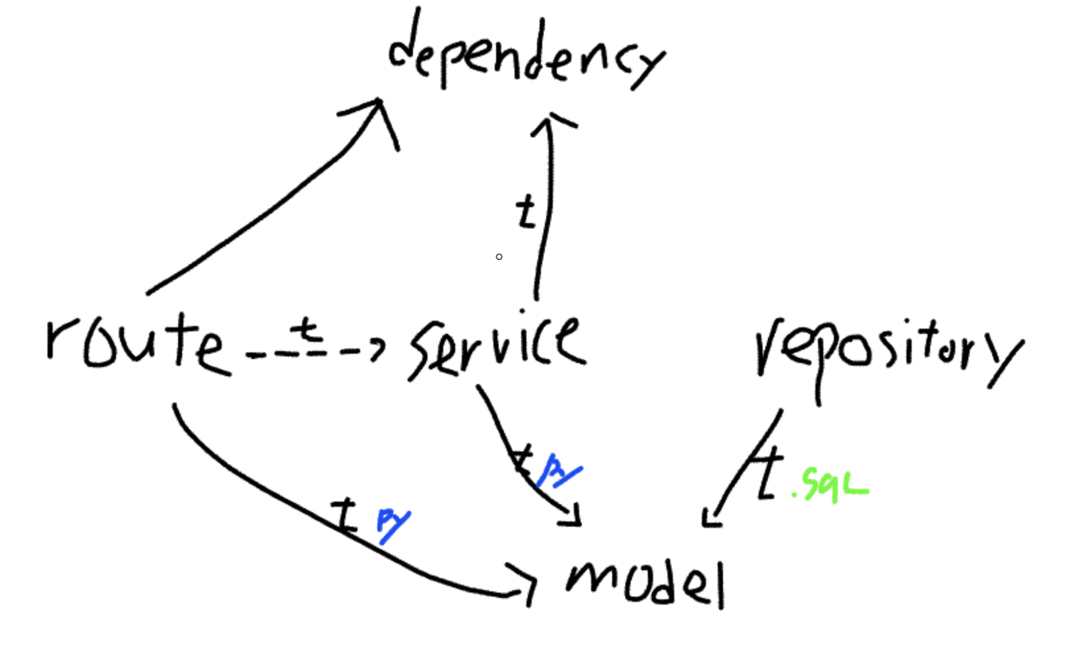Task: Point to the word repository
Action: [x=887, y=353]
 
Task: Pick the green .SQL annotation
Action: [x=833, y=486]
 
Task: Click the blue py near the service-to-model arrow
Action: [x=559, y=470]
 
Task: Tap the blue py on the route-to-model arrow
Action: [x=393, y=523]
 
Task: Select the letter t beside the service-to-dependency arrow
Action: [x=526, y=212]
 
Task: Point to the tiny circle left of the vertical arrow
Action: [x=499, y=257]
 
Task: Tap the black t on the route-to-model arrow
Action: [x=344, y=515]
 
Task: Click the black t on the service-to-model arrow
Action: [x=523, y=459]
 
